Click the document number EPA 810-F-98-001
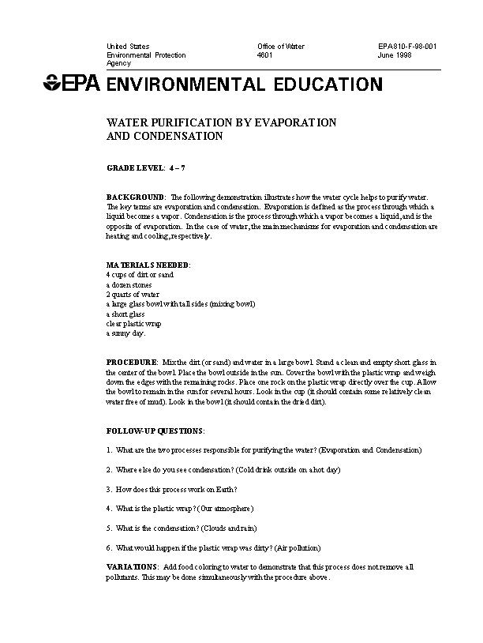click(x=407, y=47)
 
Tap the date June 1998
click(x=394, y=55)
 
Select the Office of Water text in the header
click(x=280, y=47)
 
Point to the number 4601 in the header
click(x=265, y=55)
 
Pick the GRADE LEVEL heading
click(x=135, y=168)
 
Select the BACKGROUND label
click(x=135, y=196)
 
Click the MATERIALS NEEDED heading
click(x=148, y=264)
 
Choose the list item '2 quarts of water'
click(x=133, y=294)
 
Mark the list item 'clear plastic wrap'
click(x=135, y=323)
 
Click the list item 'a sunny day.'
click(x=125, y=333)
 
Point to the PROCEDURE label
click(x=132, y=361)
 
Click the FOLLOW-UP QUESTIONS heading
click(x=155, y=431)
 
